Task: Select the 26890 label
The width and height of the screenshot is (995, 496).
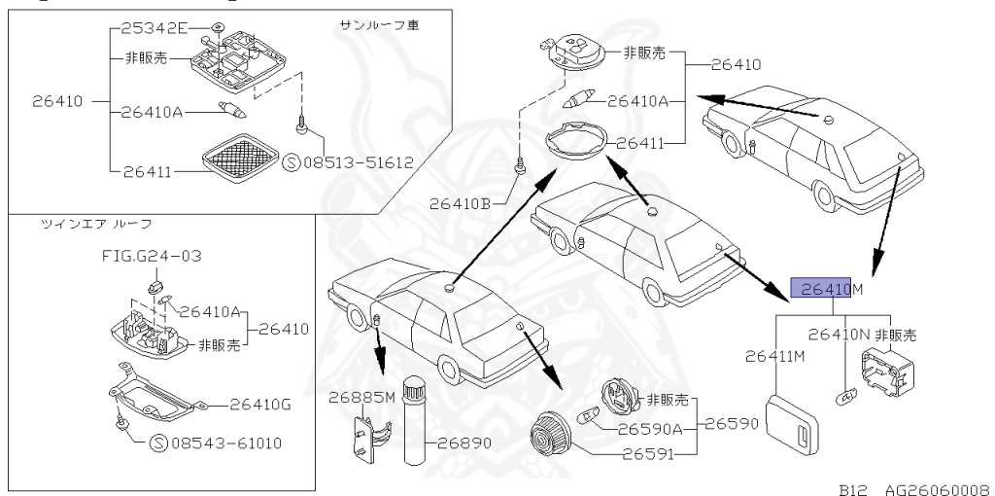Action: coord(463,442)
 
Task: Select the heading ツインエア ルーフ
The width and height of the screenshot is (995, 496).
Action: coord(95,224)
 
